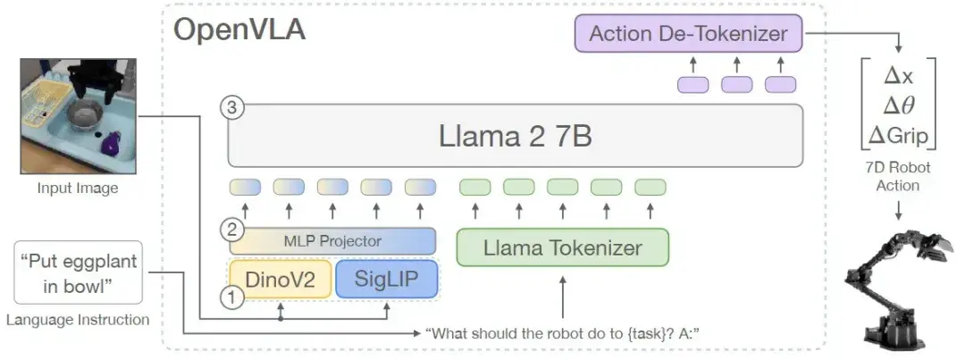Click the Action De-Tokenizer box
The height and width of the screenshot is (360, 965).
pos(688,34)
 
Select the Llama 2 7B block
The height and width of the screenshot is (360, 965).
pos(516,136)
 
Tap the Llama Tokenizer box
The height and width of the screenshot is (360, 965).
pos(562,247)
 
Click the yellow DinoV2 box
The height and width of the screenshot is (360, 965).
pos(280,279)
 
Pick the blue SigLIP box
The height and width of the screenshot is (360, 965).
pos(387,279)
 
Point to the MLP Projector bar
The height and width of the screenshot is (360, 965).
pos(332,241)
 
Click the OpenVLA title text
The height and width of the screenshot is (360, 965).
pos(239,29)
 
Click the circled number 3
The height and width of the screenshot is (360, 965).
pos(231,109)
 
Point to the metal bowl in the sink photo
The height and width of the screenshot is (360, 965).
pos(86,113)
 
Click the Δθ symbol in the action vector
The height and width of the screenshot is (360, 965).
pos(898,106)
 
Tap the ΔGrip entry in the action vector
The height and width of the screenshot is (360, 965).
pos(898,136)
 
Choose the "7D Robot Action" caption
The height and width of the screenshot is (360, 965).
pos(898,176)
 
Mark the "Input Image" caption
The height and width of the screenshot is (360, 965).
pos(78,188)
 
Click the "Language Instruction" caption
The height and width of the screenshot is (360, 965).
pos(78,319)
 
